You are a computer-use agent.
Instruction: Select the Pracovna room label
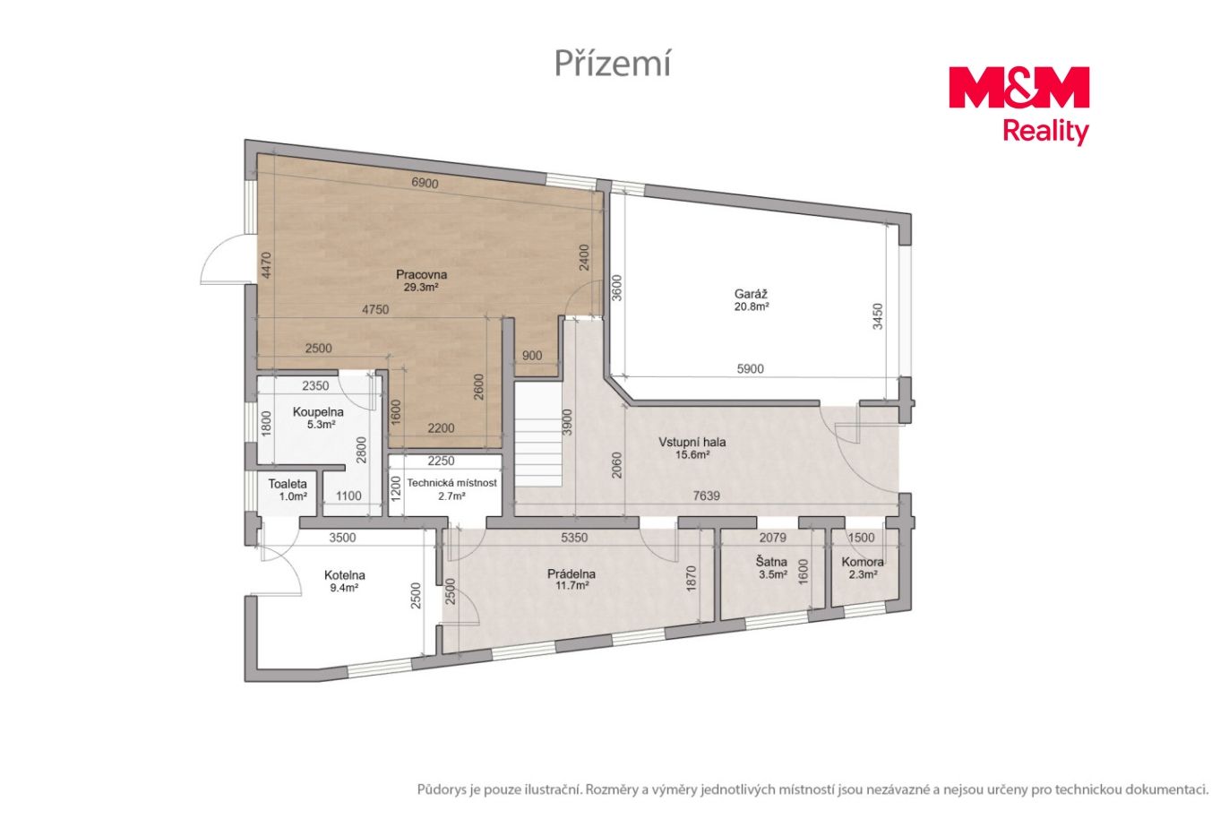click(x=421, y=274)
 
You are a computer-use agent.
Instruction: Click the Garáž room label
click(x=751, y=294)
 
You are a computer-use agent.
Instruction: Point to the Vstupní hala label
click(x=692, y=443)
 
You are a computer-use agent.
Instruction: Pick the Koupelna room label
click(x=318, y=411)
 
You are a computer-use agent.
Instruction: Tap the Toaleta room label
click(x=288, y=484)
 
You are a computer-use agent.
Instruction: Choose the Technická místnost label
click(x=451, y=483)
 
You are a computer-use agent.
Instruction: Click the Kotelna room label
click(x=345, y=575)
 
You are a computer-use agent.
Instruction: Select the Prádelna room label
click(x=572, y=573)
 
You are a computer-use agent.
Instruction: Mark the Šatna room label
click(x=771, y=562)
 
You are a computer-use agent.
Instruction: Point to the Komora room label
click(x=863, y=562)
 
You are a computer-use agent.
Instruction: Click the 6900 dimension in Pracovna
click(x=425, y=183)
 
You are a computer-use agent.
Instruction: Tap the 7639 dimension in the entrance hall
click(x=706, y=496)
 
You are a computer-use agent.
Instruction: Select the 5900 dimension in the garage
click(x=750, y=369)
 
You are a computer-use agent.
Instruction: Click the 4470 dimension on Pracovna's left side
click(x=266, y=265)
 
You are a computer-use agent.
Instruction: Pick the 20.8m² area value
click(x=752, y=306)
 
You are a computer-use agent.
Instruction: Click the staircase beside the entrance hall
click(x=538, y=435)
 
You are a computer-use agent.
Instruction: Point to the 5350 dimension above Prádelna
click(x=574, y=538)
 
